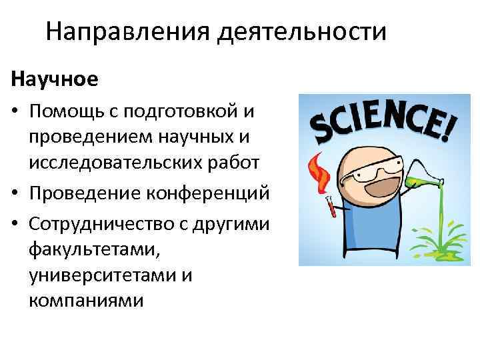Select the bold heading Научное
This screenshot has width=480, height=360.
click(x=55, y=79)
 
